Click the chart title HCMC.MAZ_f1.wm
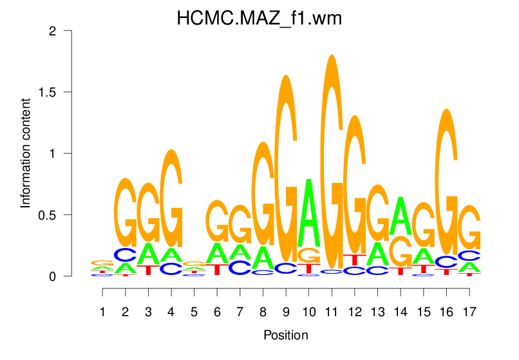[259, 19]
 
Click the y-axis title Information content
[26, 153]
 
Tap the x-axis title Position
[285, 335]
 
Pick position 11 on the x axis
[332, 312]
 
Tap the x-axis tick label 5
[194, 312]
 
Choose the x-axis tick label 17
[469, 312]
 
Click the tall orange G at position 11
[332, 161]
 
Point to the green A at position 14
[401, 217]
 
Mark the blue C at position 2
[126, 254]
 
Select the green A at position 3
[149, 253]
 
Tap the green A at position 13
[377, 253]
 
